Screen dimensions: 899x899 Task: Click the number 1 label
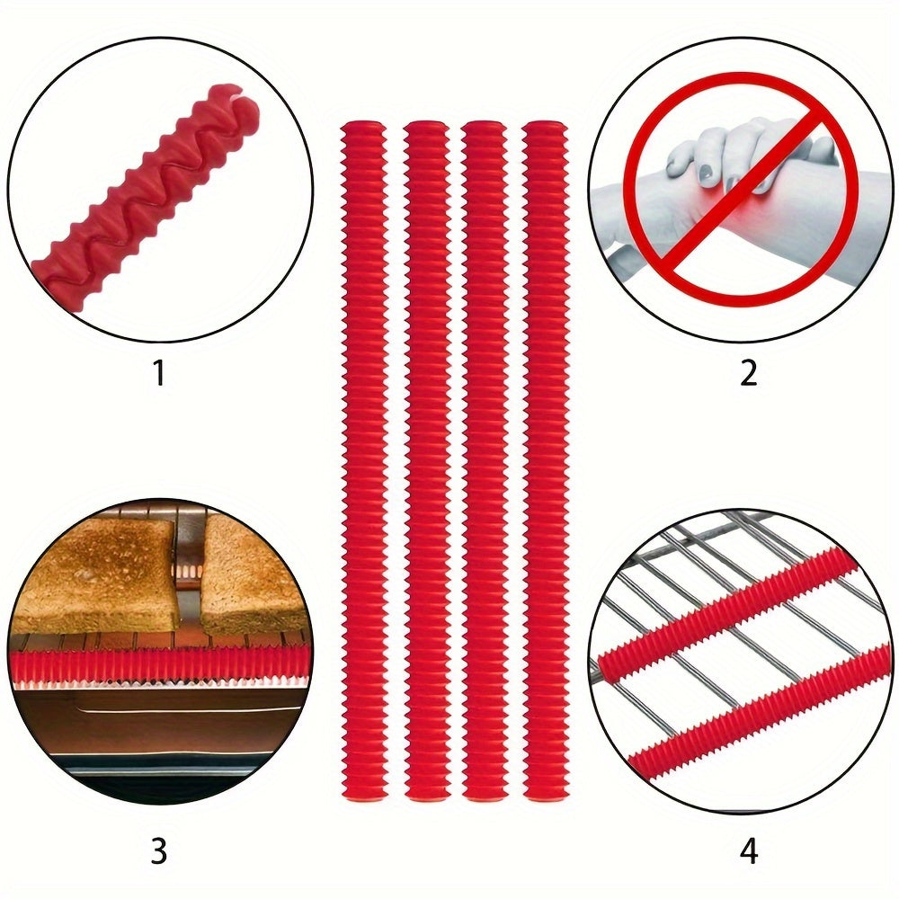tap(159, 372)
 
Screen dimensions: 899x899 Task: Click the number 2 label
tap(748, 372)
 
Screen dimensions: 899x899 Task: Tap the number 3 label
tap(158, 850)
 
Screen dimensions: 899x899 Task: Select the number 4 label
tap(749, 850)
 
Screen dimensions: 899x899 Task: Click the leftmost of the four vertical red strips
tap(364, 459)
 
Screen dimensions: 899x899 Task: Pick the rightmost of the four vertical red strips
tap(546, 459)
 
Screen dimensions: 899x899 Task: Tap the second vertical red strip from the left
tap(426, 459)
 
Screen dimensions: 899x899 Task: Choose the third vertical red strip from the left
tap(485, 459)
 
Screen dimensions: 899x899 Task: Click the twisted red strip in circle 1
tap(150, 189)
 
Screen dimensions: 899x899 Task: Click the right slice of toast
tap(253, 574)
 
